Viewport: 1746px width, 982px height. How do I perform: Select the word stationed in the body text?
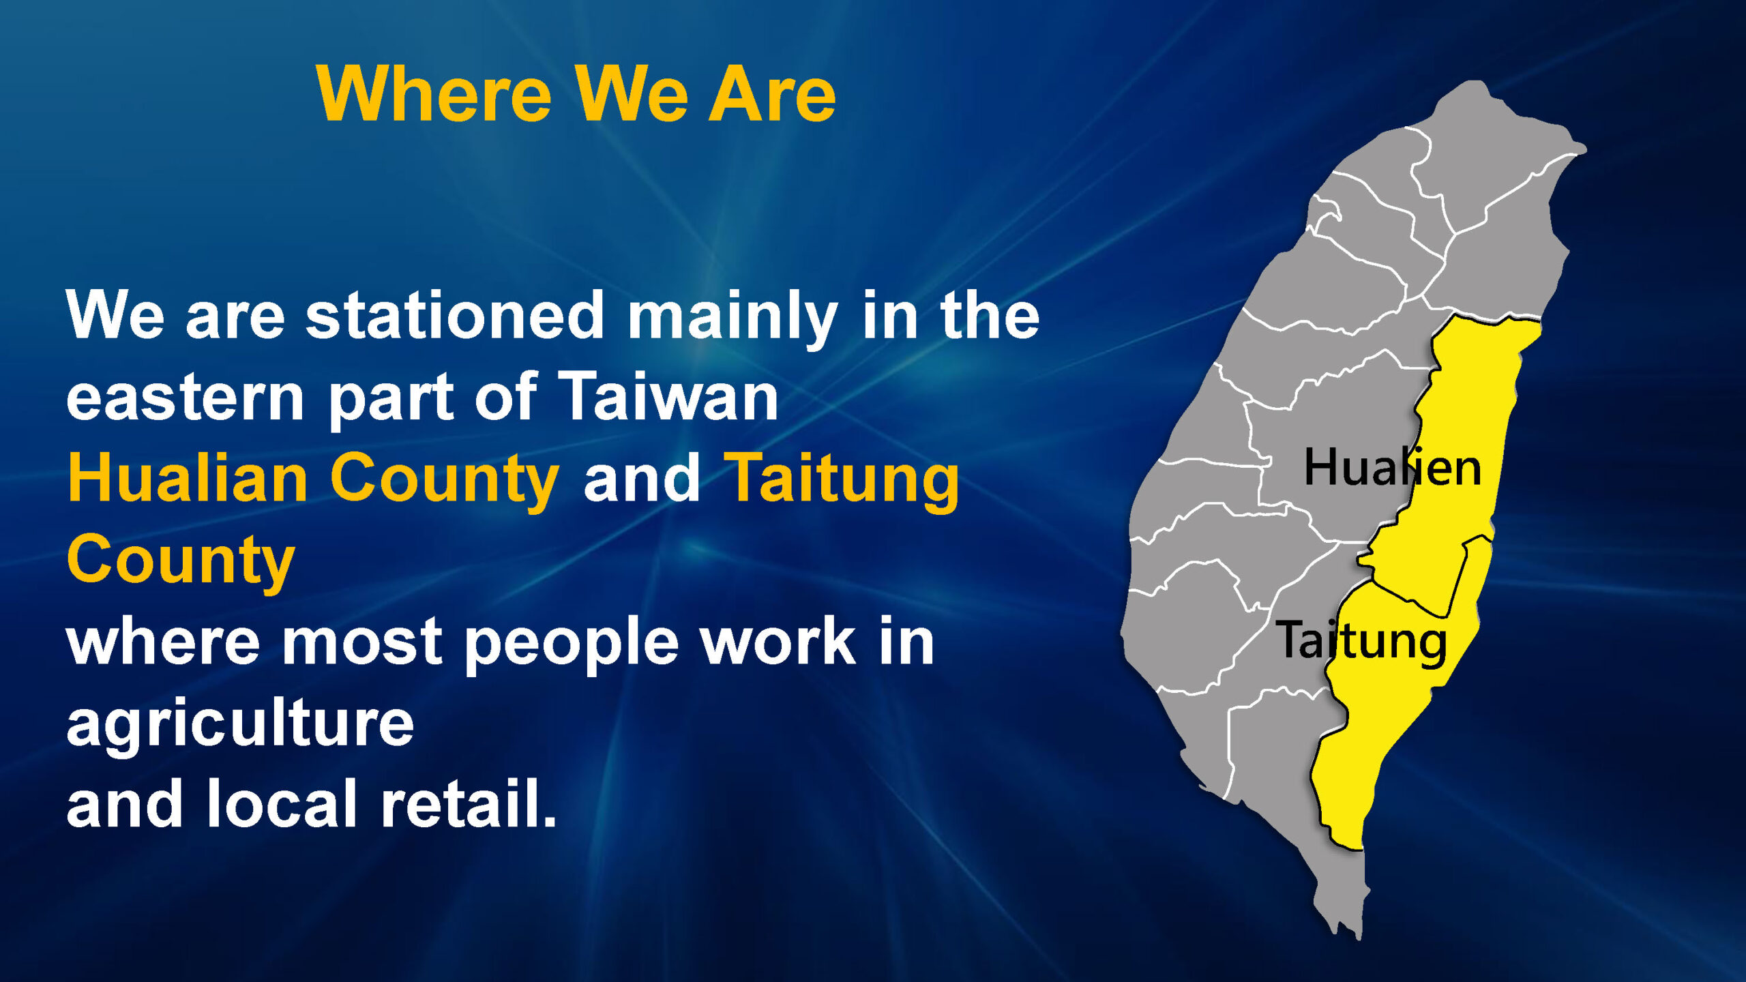coord(454,315)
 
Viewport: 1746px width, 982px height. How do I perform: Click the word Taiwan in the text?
coord(668,396)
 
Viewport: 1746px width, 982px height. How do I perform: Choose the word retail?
coord(469,803)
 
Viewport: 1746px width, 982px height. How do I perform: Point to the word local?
coord(281,803)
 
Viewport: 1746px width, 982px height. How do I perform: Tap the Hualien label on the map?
coord(1392,467)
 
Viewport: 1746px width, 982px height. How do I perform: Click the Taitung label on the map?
coord(1361,640)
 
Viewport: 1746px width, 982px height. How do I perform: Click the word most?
coord(362,644)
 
